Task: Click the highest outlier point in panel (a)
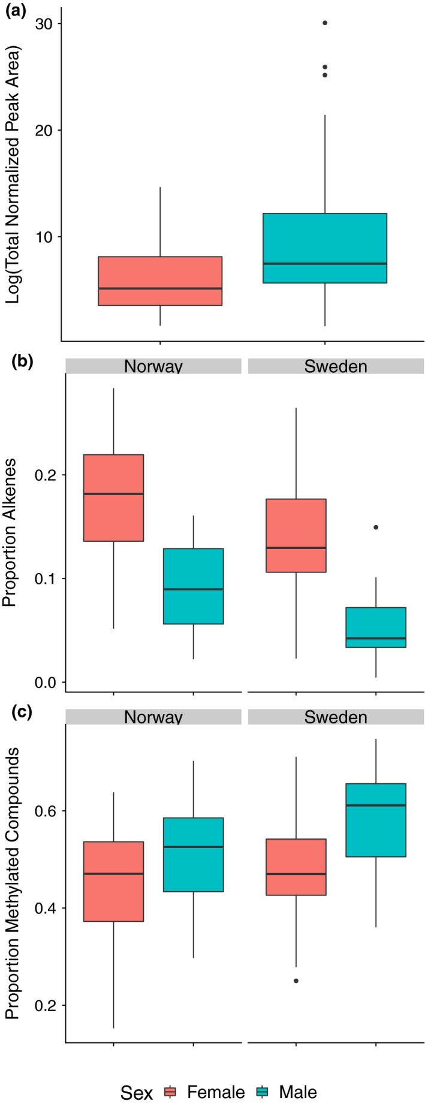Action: pos(324,23)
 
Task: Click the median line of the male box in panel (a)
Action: pos(324,264)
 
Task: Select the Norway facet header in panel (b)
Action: pos(153,366)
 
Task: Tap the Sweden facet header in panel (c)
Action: pos(336,717)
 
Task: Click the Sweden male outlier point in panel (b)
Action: pos(376,527)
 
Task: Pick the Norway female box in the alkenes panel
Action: pos(113,497)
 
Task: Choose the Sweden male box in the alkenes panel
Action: pos(376,627)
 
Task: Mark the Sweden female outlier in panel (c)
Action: pos(296,981)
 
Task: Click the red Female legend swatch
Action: pos(170,1076)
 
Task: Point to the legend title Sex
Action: pos(136,1076)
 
